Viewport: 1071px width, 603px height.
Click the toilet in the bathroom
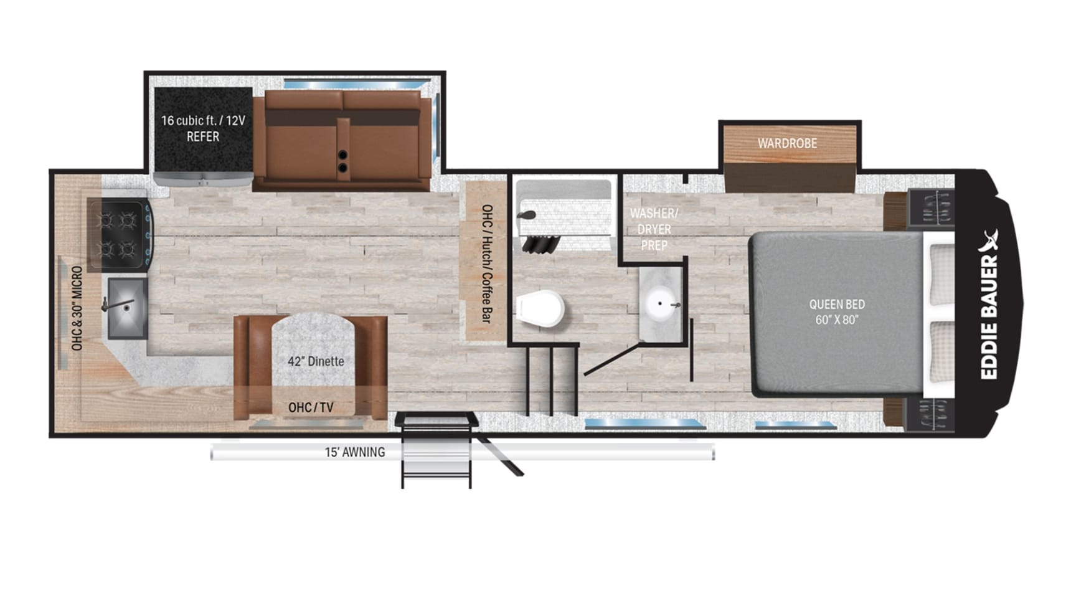pos(540,308)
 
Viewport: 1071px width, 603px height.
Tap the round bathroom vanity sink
pos(661,305)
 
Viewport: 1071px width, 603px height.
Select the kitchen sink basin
pos(128,308)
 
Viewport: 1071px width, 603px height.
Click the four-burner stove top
pos(118,235)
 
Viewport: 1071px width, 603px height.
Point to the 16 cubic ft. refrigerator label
pos(203,128)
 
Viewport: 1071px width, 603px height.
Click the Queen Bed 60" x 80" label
pos(837,312)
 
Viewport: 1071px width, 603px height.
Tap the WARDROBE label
pos(787,143)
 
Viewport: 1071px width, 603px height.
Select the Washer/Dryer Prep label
pos(654,229)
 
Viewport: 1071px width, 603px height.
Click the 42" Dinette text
pos(316,361)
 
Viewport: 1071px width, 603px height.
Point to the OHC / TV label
pos(311,407)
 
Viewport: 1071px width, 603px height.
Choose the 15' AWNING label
pos(355,452)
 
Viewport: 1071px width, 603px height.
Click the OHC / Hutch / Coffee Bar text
pos(487,264)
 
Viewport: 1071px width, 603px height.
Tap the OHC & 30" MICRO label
pos(77,308)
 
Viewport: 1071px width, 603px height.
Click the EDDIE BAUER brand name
pos(989,317)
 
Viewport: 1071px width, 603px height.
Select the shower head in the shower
pos(527,216)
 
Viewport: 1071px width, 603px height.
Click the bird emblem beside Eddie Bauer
pos(989,240)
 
